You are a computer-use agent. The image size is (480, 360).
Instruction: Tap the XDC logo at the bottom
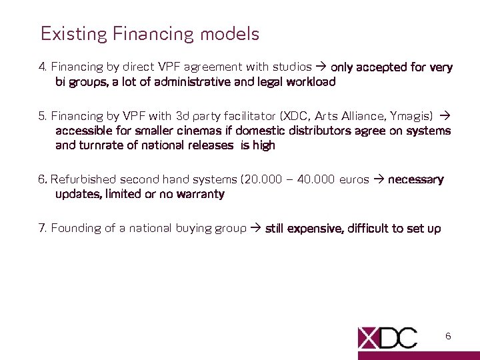click(387, 337)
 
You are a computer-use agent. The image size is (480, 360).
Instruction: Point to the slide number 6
click(448, 337)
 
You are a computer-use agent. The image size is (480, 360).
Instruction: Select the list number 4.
click(42, 67)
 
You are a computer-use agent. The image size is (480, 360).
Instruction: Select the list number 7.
click(42, 229)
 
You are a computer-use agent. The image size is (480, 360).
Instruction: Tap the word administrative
click(190, 83)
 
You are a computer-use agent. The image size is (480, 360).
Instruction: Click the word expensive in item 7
click(315, 229)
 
